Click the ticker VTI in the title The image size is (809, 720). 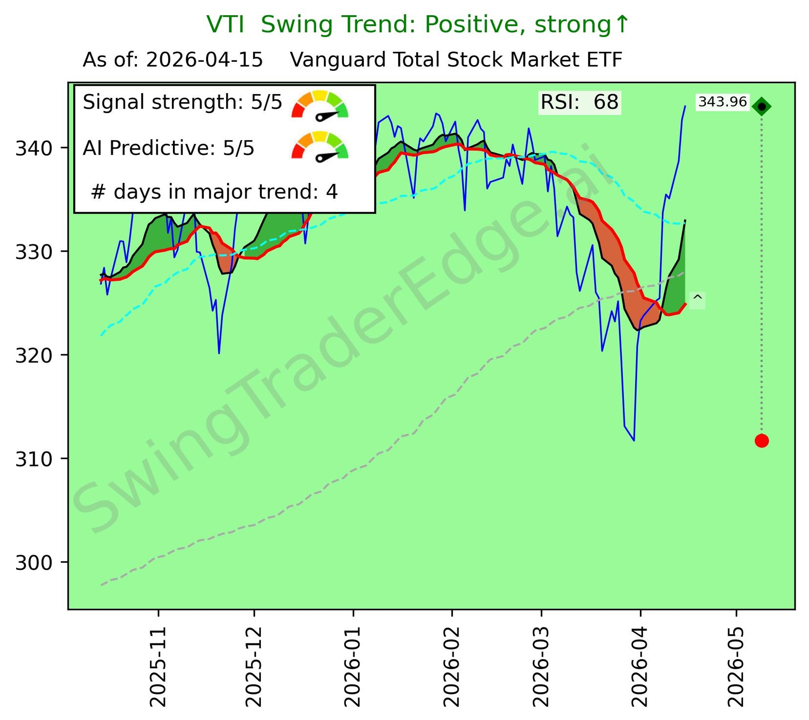point(225,25)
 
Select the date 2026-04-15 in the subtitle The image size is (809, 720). point(204,60)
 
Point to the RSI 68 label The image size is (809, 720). point(580,103)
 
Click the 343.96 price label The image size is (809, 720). point(723,102)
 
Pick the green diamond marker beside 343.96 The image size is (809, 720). point(761,107)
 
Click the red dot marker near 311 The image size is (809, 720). point(761,441)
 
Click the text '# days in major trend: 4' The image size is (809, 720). point(214,192)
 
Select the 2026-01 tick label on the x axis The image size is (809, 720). point(353,667)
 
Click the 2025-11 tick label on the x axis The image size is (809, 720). point(158,667)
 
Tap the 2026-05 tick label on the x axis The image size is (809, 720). point(736,667)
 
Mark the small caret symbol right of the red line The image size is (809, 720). point(697,299)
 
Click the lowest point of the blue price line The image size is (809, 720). point(634,440)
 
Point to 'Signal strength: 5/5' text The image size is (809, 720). point(182,103)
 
